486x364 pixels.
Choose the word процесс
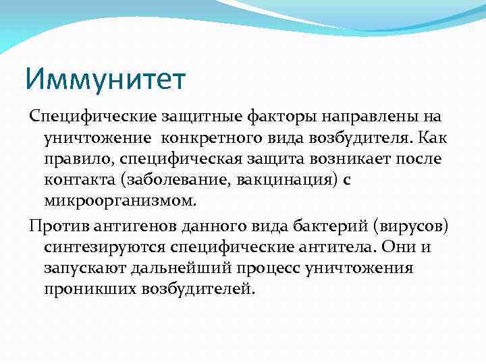[275, 268]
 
